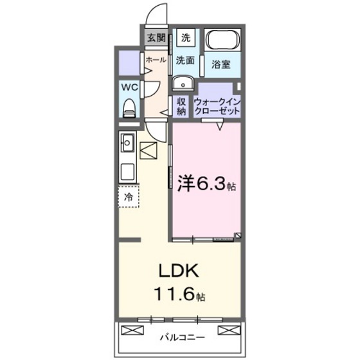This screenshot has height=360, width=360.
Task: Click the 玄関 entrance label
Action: point(155,38)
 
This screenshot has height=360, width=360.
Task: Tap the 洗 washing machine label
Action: point(185,38)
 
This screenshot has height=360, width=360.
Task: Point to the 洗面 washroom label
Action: point(185,60)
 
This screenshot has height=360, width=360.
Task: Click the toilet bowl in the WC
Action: point(129,107)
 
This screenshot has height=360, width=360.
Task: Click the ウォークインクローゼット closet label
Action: point(217,106)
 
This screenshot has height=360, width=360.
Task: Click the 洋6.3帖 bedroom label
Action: point(206,186)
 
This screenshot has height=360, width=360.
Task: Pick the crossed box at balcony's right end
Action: point(229,330)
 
